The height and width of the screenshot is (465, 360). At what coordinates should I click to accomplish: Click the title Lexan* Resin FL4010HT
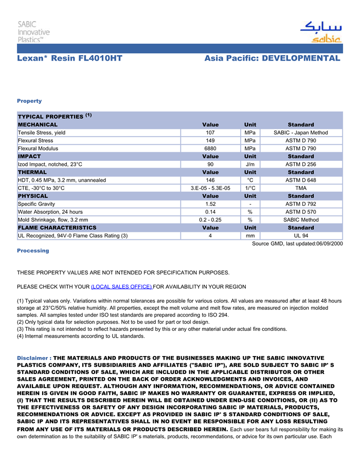[69, 58]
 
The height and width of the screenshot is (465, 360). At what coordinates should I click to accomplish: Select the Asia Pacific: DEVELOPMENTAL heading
[272, 58]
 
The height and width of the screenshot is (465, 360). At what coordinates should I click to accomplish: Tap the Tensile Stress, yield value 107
[210, 133]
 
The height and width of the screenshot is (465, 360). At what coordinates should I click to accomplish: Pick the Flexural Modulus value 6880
[210, 148]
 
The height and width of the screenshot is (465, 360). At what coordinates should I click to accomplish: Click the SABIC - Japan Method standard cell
[301, 133]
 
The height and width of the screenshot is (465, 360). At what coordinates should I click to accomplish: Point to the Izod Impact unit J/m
[250, 164]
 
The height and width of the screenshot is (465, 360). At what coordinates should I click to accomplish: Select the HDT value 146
[210, 180]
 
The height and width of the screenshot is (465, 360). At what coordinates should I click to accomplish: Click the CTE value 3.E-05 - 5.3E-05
[210, 188]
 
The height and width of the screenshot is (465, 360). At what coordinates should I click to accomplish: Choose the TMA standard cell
[301, 188]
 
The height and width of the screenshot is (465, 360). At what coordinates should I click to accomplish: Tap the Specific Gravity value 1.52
[210, 204]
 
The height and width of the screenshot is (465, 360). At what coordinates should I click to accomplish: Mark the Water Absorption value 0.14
[210, 212]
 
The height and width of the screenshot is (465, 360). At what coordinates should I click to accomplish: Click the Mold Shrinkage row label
[52, 220]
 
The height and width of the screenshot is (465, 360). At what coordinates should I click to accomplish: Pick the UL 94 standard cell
[301, 236]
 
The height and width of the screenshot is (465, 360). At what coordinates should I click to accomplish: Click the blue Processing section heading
[33, 251]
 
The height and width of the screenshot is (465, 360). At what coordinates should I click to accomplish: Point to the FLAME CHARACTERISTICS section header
[57, 228]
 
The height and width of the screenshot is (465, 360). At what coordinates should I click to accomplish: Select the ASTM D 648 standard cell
[301, 180]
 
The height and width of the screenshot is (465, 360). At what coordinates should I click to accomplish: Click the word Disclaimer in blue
[33, 358]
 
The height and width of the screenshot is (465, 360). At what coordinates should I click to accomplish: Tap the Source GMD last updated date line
[297, 244]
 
